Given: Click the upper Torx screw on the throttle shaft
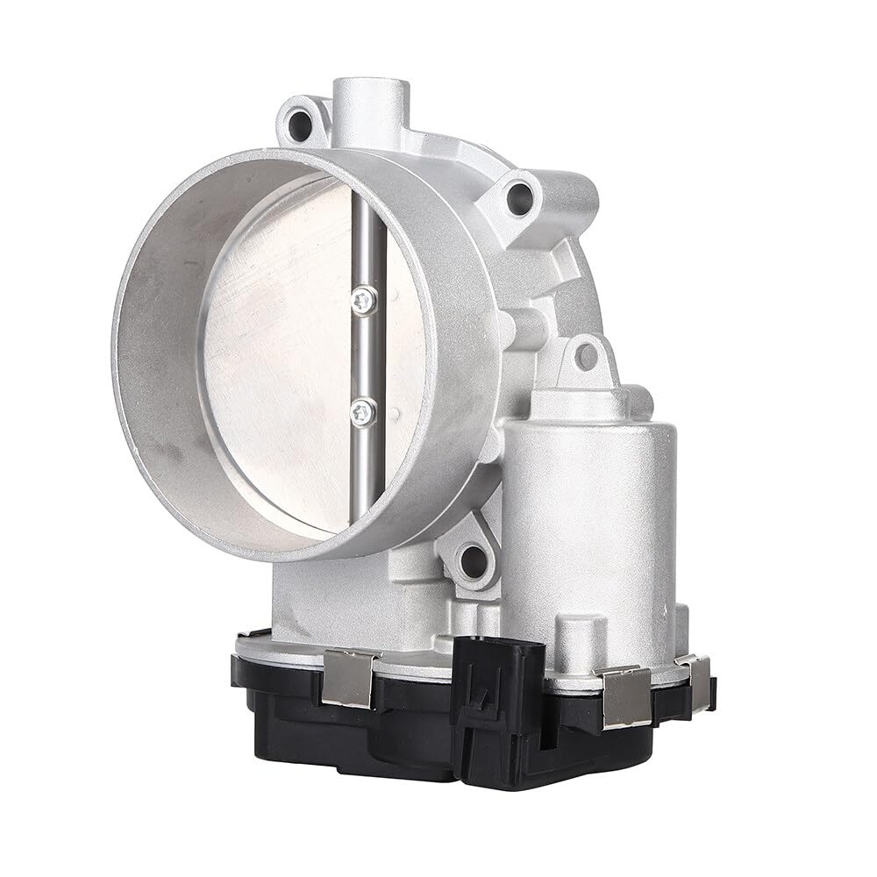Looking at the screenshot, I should (x=361, y=301).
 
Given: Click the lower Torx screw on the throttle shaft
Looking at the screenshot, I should (x=361, y=409).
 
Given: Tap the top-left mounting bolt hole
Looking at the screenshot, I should (x=303, y=121).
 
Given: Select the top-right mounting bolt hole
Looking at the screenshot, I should (x=519, y=197).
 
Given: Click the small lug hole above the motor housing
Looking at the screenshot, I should (x=585, y=355).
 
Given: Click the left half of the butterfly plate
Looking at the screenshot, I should (x=281, y=351).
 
